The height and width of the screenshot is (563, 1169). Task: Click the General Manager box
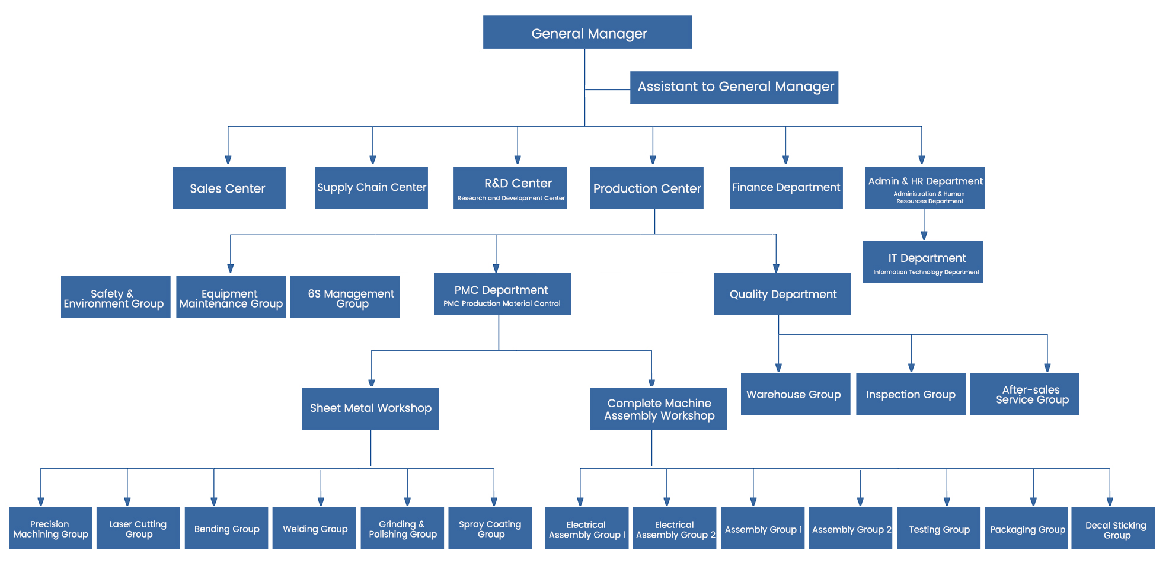(587, 32)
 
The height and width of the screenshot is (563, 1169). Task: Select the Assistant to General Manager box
(734, 88)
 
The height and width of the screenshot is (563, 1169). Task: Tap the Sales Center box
(229, 187)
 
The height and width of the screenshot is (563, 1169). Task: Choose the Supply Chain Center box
(371, 187)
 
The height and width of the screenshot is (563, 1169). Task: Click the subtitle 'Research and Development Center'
(511, 198)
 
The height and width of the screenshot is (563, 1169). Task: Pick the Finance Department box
(786, 187)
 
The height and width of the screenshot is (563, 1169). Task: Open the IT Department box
(923, 262)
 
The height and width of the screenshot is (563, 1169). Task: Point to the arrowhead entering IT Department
(924, 236)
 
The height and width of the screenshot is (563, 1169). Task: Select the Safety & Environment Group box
(116, 296)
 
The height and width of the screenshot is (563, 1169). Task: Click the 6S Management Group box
(344, 296)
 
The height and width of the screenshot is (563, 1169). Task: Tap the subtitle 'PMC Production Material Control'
(502, 303)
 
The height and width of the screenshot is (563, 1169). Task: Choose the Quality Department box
(782, 294)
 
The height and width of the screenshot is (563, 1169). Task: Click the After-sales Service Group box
(1024, 394)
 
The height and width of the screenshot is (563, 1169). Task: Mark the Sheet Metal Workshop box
(370, 409)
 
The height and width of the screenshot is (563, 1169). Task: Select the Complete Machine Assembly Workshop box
(659, 409)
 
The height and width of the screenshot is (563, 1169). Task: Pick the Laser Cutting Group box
(138, 527)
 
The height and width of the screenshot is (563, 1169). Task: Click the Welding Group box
(314, 527)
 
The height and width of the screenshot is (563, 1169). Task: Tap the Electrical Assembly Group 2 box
(675, 528)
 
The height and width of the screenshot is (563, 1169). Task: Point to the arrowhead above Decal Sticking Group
(1110, 502)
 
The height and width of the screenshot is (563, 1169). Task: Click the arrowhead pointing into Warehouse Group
(778, 368)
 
